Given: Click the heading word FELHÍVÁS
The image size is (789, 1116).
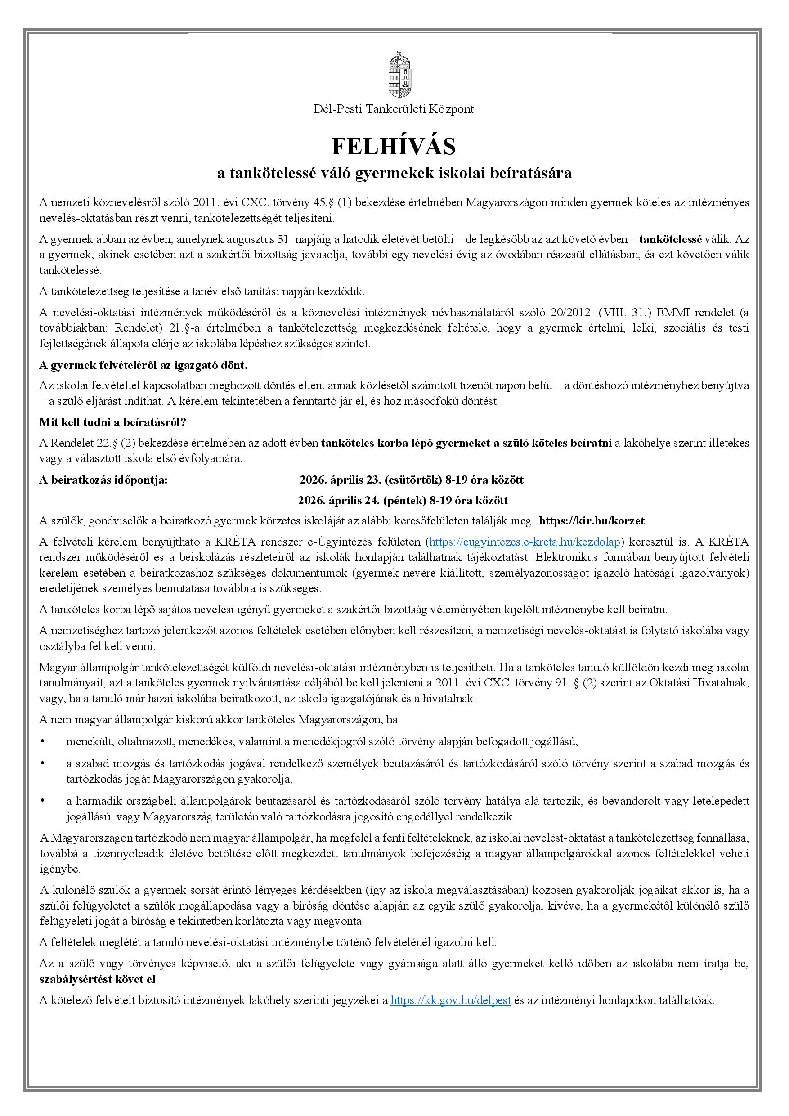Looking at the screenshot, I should pyautogui.click(x=394, y=146).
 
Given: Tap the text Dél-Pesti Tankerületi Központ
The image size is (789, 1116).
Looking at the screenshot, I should pyautogui.click(x=394, y=109).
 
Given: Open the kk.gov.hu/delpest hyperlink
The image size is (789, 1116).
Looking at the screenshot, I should pyautogui.click(x=451, y=1000).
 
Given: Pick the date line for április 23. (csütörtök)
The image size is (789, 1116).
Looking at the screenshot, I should pyautogui.click(x=411, y=480).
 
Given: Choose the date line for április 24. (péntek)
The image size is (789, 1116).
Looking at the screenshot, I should pyautogui.click(x=403, y=501).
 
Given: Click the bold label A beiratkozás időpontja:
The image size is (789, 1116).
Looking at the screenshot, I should pyautogui.click(x=103, y=480).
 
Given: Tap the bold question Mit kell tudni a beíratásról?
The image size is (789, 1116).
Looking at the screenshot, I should pyautogui.click(x=113, y=422).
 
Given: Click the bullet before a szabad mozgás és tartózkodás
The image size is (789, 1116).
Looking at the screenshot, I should pyautogui.click(x=43, y=764).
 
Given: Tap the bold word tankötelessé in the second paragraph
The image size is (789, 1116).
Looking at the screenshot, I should pyautogui.click(x=670, y=239).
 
